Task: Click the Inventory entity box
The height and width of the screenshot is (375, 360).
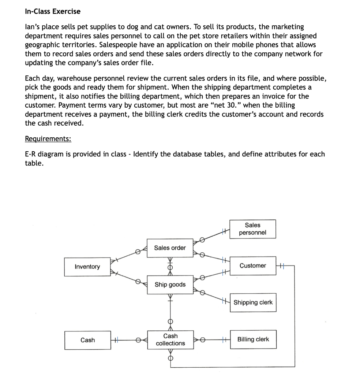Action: [x=87, y=267]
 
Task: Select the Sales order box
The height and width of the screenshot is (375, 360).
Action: [x=170, y=248]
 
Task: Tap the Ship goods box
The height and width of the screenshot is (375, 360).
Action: [x=170, y=285]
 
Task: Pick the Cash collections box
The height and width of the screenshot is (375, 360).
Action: [x=170, y=339]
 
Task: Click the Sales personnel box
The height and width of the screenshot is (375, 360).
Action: [x=252, y=229]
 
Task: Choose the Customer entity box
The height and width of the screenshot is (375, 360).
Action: [x=253, y=266]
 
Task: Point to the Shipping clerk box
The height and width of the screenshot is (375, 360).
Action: [x=253, y=302]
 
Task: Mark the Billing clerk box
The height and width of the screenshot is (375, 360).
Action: [x=253, y=339]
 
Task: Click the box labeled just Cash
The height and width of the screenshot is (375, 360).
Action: [x=87, y=340]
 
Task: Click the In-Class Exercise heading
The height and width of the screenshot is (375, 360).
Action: [x=53, y=11]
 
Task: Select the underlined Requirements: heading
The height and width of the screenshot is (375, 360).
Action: [x=48, y=139]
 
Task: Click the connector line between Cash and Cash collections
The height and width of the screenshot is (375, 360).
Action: [x=128, y=340]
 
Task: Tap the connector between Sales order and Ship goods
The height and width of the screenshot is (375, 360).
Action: [x=170, y=267]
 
